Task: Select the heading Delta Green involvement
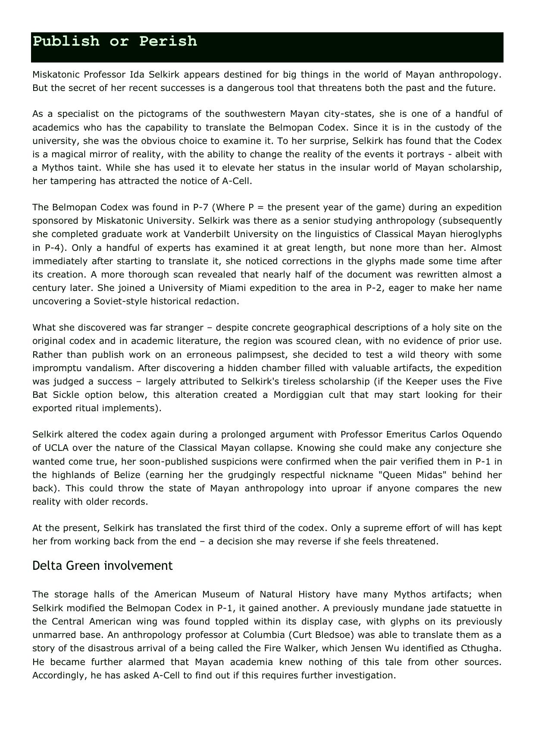click(102, 565)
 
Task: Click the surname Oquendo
click(480, 434)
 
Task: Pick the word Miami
click(243, 288)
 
